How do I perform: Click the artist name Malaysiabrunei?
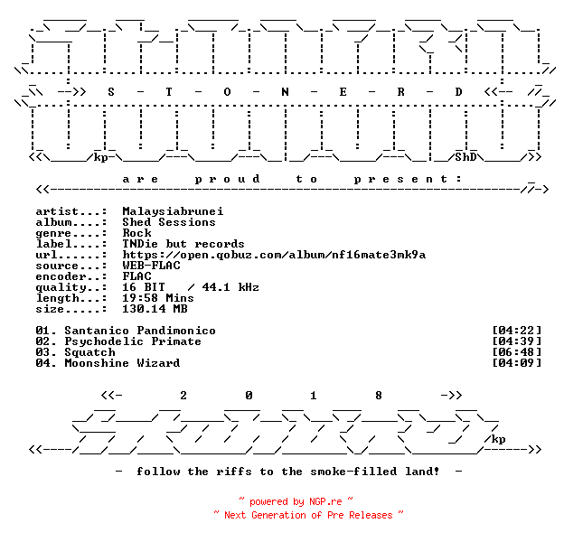(x=173, y=211)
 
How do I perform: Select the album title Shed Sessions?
(x=169, y=222)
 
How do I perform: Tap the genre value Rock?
(x=136, y=233)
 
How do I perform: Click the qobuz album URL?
(x=274, y=255)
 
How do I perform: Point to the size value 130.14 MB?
(x=155, y=309)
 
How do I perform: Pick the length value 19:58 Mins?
(x=158, y=298)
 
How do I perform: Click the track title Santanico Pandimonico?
(x=140, y=331)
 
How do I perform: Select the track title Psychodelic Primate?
(x=133, y=341)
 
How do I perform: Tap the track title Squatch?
(x=89, y=352)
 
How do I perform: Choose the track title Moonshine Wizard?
(x=122, y=363)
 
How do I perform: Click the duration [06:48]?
(x=516, y=352)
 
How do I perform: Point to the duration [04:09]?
(x=516, y=362)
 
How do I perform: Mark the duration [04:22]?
(x=516, y=330)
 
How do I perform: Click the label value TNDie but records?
(x=183, y=244)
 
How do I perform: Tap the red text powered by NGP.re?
(x=296, y=501)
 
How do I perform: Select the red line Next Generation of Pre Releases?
(x=308, y=515)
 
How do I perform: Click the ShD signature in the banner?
(x=465, y=157)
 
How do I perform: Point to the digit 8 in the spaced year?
(x=379, y=396)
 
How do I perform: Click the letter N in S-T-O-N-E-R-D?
(x=285, y=92)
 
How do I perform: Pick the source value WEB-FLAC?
(x=151, y=266)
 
